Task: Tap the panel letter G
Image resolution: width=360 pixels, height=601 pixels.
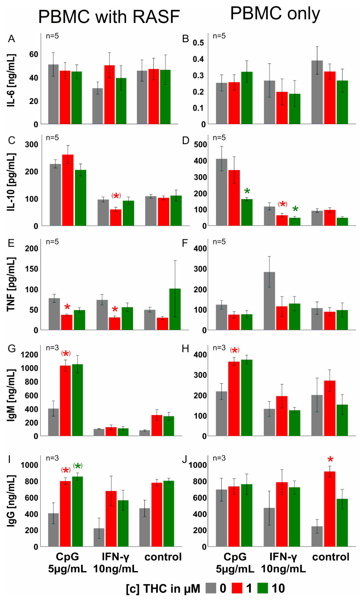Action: (x=10, y=348)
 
